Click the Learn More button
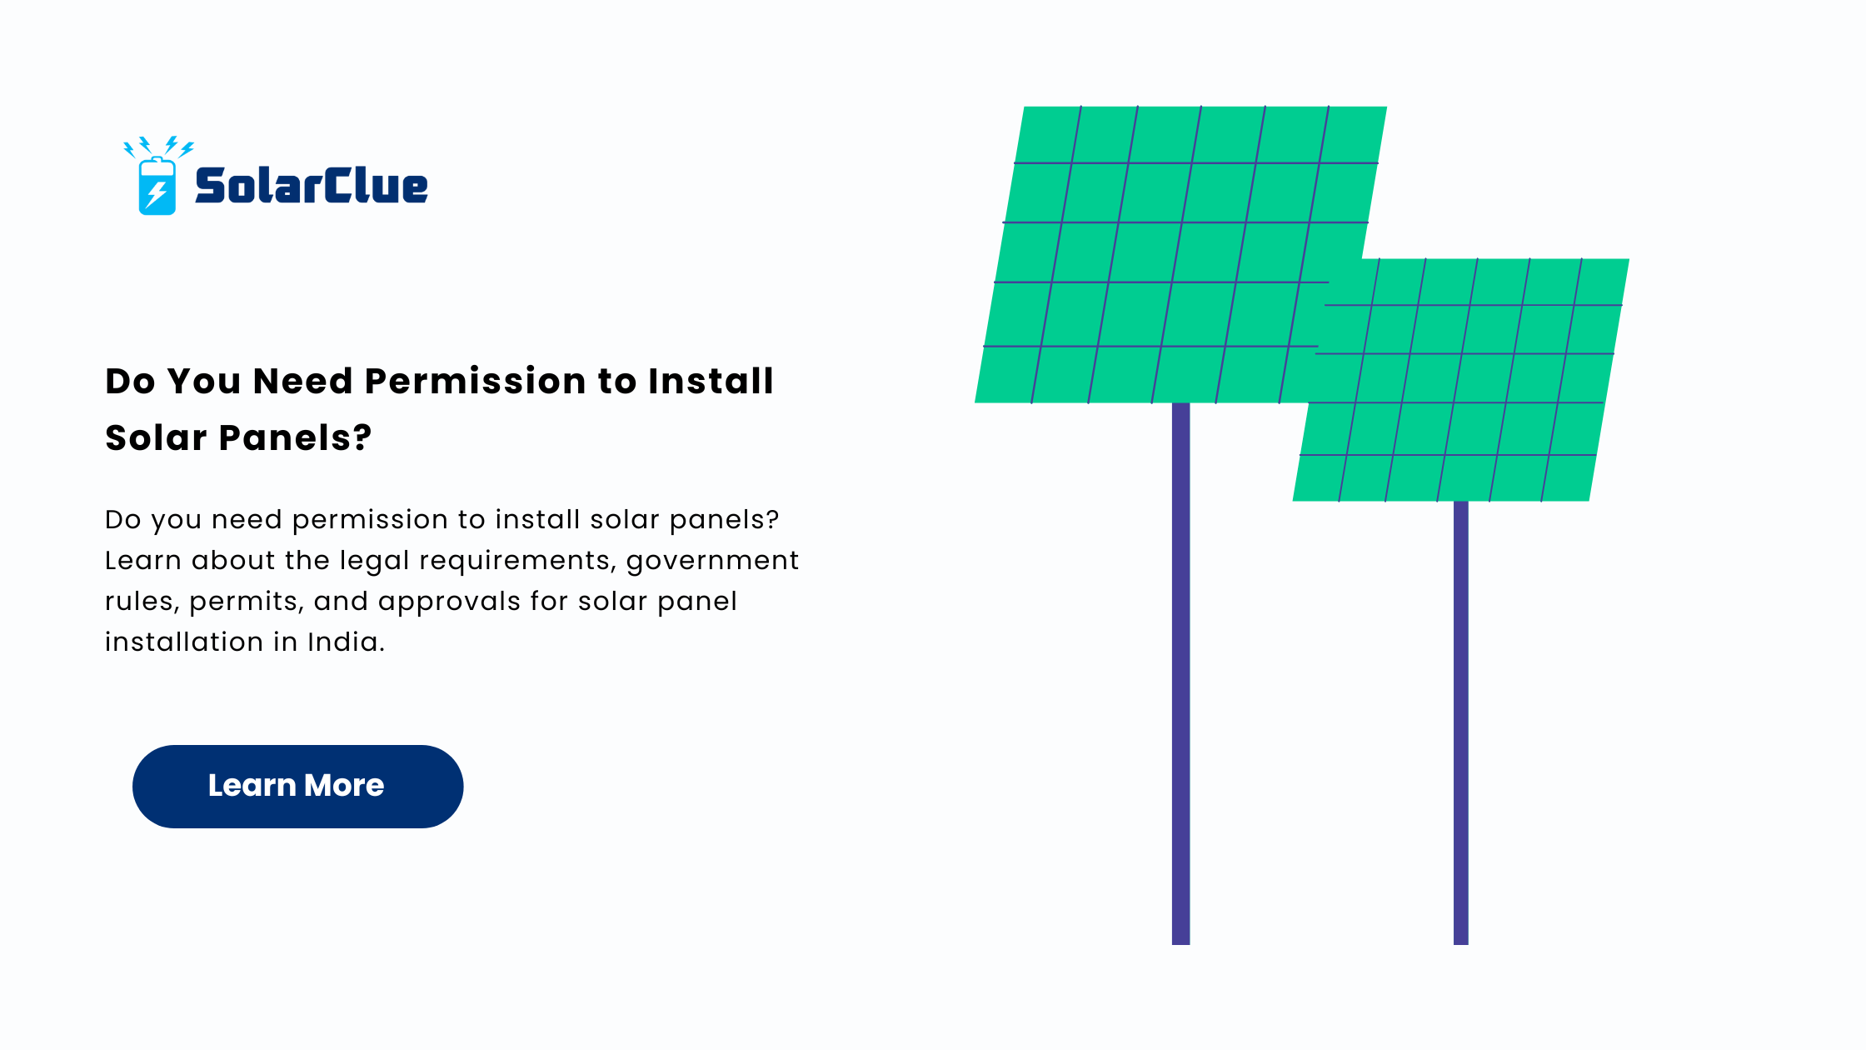point(297,786)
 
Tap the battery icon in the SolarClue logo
point(157,186)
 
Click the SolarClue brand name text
point(312,185)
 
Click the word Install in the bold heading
point(711,381)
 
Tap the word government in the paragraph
point(712,561)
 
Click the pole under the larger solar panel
point(1180,673)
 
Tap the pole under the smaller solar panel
point(1460,722)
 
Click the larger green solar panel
point(1166,254)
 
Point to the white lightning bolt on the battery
point(156,194)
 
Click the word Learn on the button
point(252,786)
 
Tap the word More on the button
point(344,786)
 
